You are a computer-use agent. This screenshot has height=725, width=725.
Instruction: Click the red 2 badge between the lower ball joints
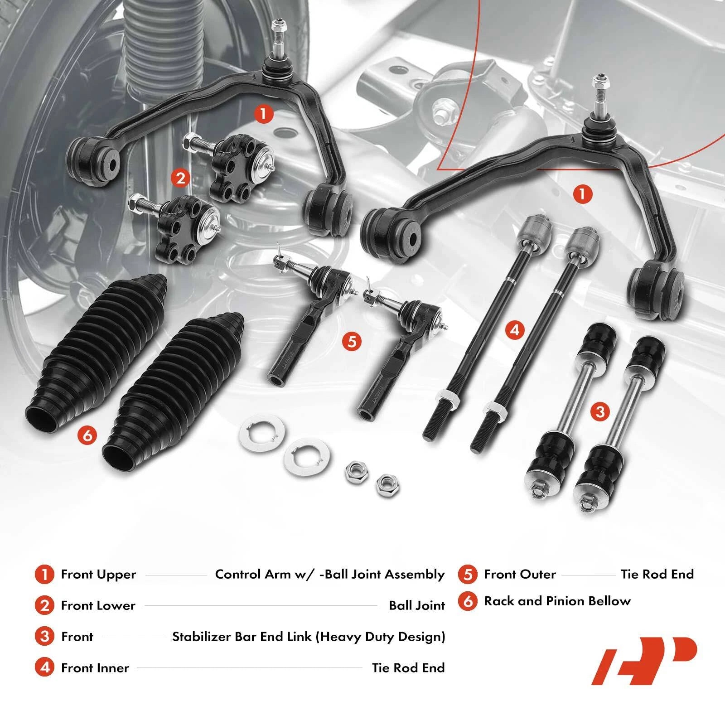point(181,178)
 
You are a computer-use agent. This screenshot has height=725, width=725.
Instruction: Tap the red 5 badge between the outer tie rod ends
point(352,341)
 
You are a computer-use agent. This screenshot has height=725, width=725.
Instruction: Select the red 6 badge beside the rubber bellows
point(87,435)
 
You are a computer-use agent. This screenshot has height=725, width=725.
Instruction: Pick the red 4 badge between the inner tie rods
point(514,329)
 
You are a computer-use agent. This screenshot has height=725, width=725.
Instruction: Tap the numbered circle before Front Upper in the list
point(44,575)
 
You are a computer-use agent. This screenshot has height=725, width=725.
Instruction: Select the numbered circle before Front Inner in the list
point(44,667)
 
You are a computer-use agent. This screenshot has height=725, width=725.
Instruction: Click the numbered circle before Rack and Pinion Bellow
point(468,601)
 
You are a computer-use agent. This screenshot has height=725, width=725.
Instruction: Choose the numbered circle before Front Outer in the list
point(468,575)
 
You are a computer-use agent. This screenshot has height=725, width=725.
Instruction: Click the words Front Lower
point(98,606)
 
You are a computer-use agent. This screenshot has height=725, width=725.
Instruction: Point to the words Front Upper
point(98,575)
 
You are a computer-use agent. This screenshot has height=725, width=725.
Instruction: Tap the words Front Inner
point(95,667)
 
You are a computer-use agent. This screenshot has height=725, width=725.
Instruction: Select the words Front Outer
point(520,575)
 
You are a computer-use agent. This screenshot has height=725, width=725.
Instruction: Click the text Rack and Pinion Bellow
point(557,601)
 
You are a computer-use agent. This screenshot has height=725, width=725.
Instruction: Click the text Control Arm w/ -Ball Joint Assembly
point(330,575)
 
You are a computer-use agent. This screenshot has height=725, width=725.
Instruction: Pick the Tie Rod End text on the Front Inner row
point(408,667)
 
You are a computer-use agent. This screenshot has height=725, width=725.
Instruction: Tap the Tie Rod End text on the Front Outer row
point(657,575)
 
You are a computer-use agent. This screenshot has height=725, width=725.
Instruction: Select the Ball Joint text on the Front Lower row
point(417,606)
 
